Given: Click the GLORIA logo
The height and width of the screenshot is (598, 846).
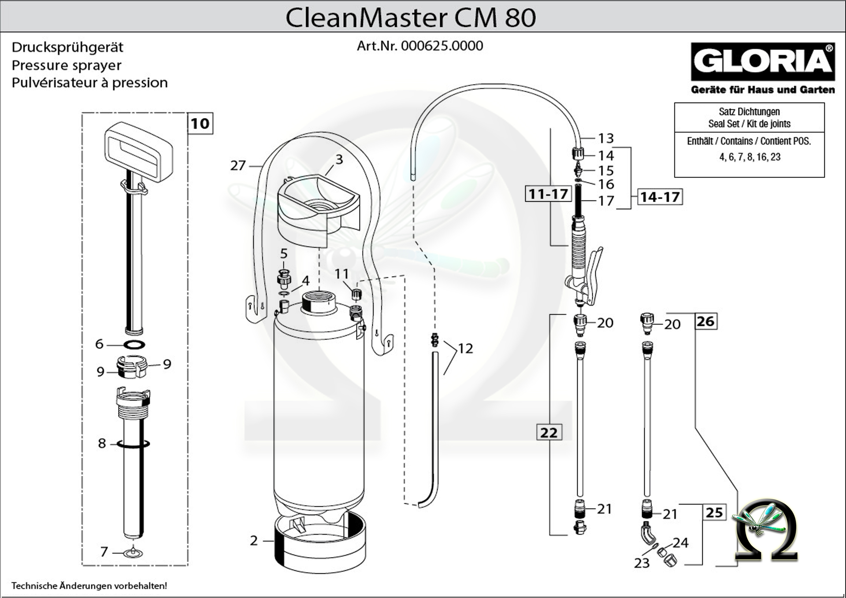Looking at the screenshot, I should [x=762, y=62].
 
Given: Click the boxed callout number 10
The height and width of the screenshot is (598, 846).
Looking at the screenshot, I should [x=200, y=123].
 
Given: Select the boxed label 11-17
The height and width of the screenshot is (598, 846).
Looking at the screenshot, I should [x=548, y=194].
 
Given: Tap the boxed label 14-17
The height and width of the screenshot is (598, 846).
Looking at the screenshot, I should [x=660, y=197].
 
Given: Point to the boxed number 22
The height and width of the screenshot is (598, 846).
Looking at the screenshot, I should [x=549, y=432].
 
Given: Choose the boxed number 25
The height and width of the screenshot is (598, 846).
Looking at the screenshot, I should [x=714, y=512].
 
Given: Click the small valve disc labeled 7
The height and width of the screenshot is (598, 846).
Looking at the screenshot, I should [x=131, y=552].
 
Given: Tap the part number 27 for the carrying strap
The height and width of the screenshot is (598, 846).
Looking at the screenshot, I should [x=238, y=166].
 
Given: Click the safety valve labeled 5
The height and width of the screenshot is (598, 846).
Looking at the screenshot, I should [x=284, y=277].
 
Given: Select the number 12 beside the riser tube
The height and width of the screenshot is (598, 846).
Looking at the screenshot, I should [x=465, y=348].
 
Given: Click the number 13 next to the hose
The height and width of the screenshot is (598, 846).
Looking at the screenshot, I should [x=606, y=138].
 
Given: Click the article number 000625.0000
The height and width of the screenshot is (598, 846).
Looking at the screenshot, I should [x=442, y=46].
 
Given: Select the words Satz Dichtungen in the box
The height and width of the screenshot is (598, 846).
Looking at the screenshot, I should [x=749, y=112].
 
